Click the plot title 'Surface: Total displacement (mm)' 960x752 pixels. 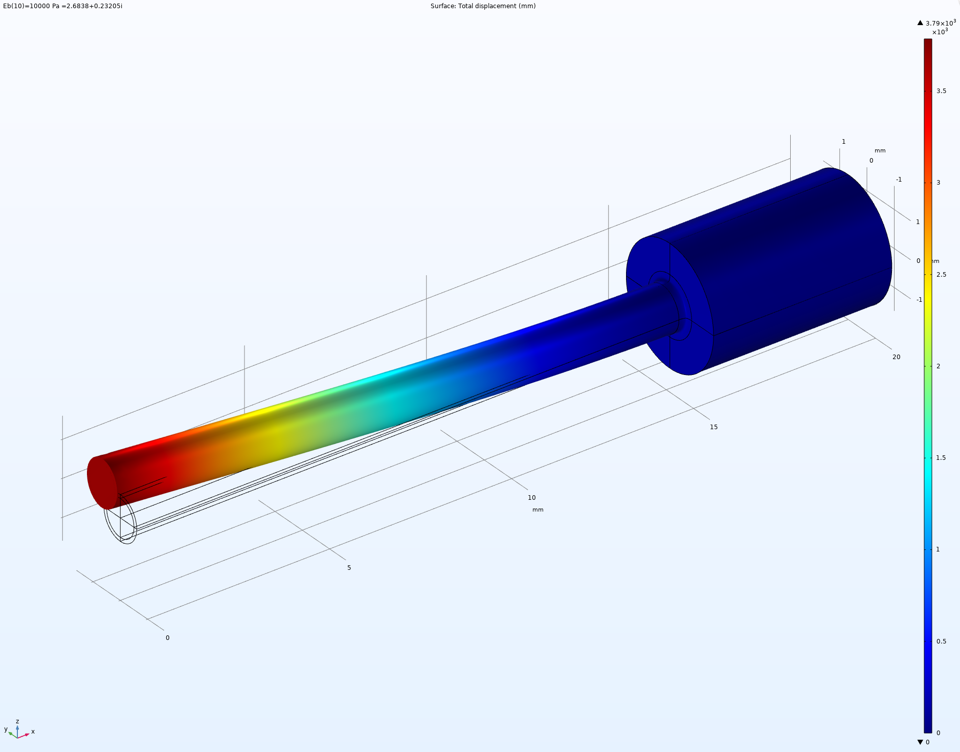pyautogui.click(x=483, y=6)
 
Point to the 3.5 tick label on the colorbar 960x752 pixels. pyautogui.click(x=941, y=91)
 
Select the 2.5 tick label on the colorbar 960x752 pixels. pyautogui.click(x=941, y=275)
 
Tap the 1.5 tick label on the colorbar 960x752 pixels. pyautogui.click(x=941, y=458)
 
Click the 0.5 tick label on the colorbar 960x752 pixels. pyautogui.click(x=941, y=642)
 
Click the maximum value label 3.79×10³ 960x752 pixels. pyautogui.click(x=941, y=23)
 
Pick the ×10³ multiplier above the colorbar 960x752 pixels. pyautogui.click(x=940, y=32)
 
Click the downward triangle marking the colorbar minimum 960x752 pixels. pyautogui.click(x=920, y=742)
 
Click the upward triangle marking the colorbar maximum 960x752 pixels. pyautogui.click(x=920, y=23)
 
